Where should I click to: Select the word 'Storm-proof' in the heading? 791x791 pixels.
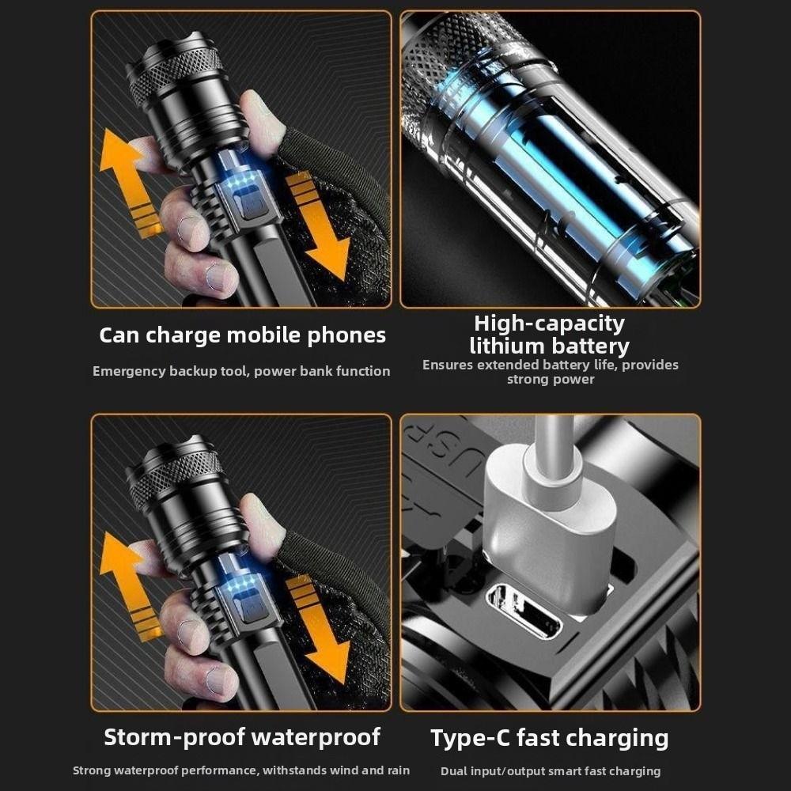click(167, 737)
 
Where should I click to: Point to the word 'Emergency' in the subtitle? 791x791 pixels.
click(128, 371)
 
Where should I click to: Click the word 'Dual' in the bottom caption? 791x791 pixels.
click(455, 770)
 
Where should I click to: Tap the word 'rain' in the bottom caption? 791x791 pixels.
click(396, 770)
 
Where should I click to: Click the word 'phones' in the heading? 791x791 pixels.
click(351, 335)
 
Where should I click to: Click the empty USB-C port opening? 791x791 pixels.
click(524, 611)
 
